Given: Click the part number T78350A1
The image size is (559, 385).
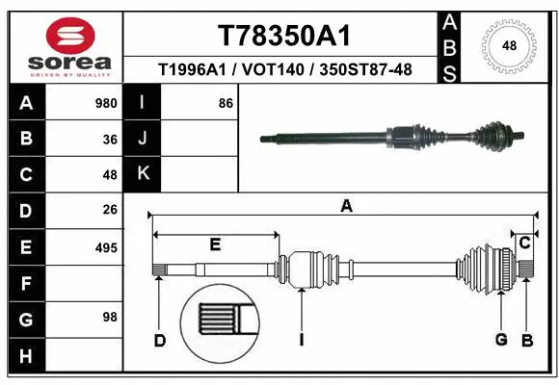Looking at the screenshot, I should click(x=282, y=36).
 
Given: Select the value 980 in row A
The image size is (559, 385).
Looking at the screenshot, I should click(x=106, y=102).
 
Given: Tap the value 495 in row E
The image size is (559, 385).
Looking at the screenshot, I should click(x=106, y=247).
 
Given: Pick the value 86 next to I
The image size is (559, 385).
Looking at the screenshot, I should click(x=226, y=102).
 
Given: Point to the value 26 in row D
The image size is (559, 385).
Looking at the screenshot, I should click(x=109, y=209).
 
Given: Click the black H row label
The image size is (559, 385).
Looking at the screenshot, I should click(x=25, y=358).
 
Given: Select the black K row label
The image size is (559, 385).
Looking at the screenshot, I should click(x=143, y=174).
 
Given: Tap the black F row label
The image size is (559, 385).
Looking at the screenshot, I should click(x=25, y=284).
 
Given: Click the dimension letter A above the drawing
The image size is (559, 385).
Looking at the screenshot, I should click(x=346, y=205).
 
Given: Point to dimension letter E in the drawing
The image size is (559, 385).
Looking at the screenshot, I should click(x=215, y=244).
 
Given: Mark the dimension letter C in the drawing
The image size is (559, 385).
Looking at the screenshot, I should click(x=524, y=243).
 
